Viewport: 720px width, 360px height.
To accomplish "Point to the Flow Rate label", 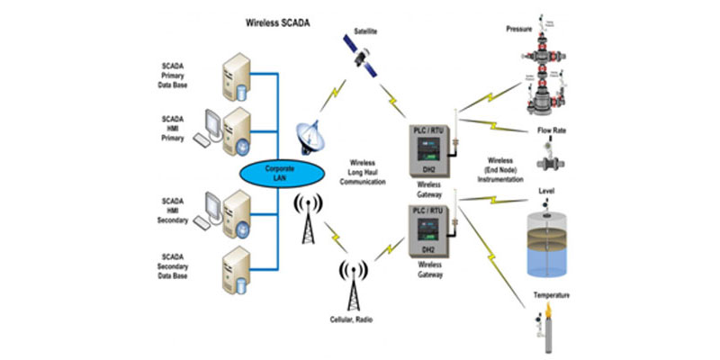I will coord(551,130).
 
